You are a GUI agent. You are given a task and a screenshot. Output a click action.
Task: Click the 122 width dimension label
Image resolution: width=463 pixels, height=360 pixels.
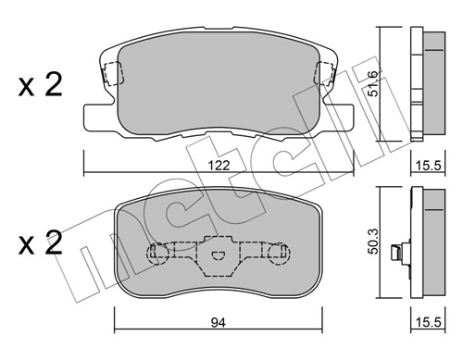click(x=219, y=166)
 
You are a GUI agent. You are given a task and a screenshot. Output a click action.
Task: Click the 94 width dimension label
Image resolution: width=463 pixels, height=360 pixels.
click(x=219, y=323)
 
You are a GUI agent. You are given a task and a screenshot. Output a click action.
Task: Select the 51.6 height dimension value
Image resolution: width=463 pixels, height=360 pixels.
click(x=373, y=84)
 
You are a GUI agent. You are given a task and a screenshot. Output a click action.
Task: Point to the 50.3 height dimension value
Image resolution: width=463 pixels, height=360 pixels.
click(x=373, y=242)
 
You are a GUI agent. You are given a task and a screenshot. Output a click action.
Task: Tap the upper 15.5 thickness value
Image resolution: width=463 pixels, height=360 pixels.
click(x=428, y=166)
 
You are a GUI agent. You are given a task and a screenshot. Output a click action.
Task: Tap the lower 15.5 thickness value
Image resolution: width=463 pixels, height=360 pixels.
click(x=428, y=322)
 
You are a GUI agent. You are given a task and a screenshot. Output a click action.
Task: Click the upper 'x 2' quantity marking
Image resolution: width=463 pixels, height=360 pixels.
click(x=40, y=84)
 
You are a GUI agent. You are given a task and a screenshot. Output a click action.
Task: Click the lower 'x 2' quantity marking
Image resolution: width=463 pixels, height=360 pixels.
click(x=40, y=243)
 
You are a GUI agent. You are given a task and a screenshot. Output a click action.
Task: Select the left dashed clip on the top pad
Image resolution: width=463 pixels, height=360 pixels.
click(x=113, y=73)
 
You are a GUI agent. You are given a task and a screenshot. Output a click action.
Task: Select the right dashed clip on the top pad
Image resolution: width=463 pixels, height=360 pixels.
click(x=324, y=73)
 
